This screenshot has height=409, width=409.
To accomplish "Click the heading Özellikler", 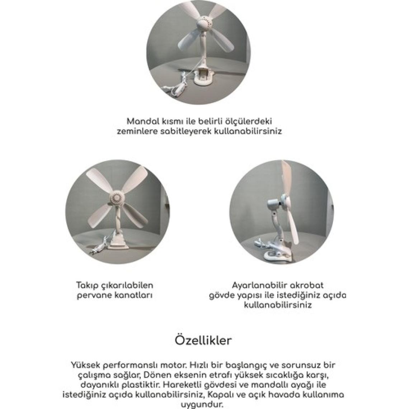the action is (203, 340).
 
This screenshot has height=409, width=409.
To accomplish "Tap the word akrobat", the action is (307, 285).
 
